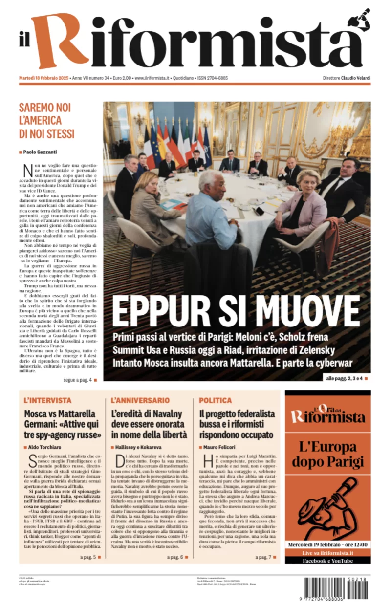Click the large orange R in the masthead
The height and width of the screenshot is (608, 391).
61,42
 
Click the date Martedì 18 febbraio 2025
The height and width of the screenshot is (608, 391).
44,78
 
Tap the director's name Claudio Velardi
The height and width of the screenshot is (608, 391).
356,78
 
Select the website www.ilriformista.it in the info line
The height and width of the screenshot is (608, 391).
152,78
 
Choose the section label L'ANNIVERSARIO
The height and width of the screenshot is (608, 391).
140,400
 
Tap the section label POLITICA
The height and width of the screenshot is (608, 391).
215,400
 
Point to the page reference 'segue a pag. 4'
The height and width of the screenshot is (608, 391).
70,380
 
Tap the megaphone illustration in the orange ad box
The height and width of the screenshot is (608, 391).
325,506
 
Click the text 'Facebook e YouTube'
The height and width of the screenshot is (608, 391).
327,561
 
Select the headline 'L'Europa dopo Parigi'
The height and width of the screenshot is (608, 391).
327,454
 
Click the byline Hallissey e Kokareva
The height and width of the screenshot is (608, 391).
138,447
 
